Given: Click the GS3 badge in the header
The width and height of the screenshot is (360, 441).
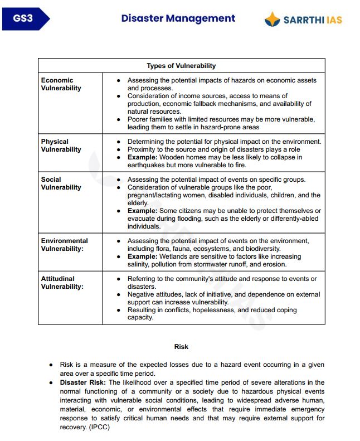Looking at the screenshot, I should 23,18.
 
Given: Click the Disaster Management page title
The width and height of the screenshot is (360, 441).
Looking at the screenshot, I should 178,18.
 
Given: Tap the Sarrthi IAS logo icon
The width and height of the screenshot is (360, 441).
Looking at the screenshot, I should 272,20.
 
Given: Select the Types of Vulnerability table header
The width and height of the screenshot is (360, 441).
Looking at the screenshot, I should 181,66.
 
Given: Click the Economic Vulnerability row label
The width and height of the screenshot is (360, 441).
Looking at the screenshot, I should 61,84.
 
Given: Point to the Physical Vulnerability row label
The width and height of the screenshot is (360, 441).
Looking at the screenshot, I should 61,146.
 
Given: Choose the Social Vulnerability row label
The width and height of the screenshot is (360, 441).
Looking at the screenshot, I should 61,183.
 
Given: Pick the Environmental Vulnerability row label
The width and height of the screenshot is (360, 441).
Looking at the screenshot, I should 64,245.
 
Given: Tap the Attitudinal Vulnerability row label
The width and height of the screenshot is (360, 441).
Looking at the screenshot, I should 62,283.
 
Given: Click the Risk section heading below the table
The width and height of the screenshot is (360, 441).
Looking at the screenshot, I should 181,347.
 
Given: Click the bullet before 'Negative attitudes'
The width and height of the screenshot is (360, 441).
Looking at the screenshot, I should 119,294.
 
